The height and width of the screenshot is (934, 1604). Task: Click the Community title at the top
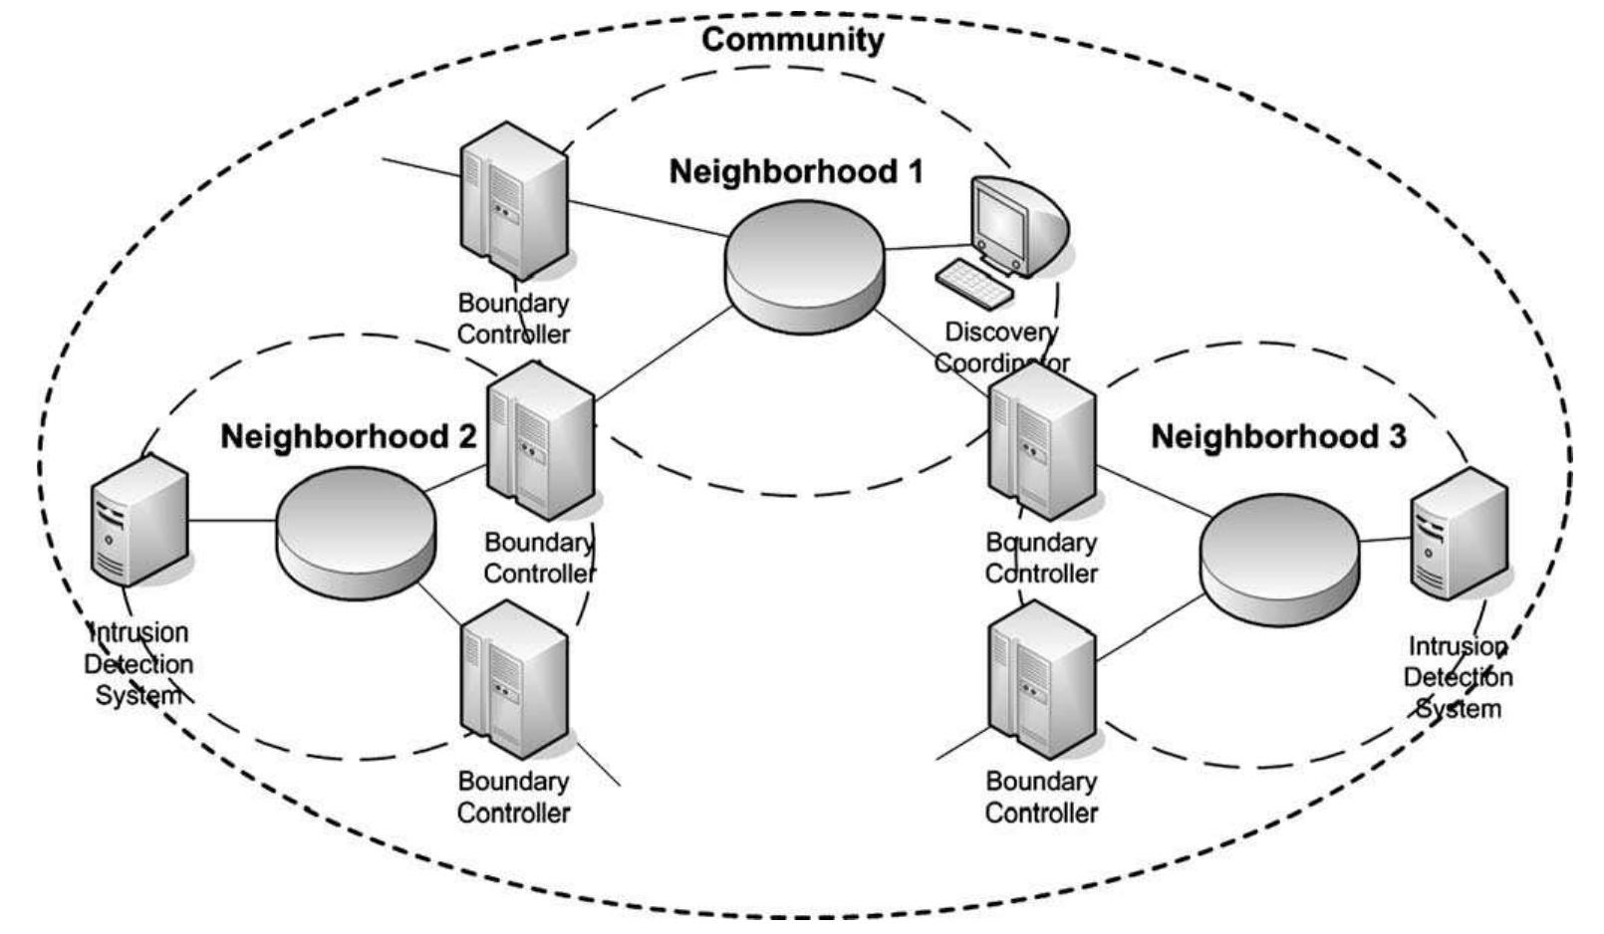click(792, 40)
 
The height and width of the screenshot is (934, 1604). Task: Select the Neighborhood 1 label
click(795, 171)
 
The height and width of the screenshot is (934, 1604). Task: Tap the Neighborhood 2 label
click(348, 436)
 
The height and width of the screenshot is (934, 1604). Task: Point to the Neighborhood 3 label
click(1278, 436)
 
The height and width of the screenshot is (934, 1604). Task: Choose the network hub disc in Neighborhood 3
click(1278, 558)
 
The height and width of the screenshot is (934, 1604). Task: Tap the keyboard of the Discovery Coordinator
click(973, 281)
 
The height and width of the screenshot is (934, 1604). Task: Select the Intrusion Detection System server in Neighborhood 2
click(138, 520)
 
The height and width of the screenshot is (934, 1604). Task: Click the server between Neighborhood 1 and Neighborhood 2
click(540, 441)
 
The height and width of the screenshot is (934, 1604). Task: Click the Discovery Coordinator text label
click(1001, 347)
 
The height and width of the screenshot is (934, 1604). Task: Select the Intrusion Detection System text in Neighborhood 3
click(1459, 677)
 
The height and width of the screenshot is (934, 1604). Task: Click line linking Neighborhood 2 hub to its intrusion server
click(231, 520)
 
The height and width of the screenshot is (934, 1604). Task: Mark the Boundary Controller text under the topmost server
click(514, 318)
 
